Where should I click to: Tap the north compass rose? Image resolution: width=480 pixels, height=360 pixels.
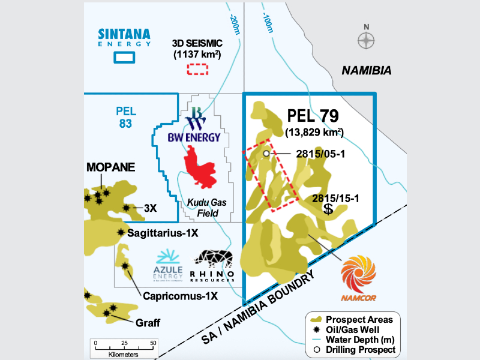point(366,41)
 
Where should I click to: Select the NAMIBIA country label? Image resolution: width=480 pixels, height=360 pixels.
point(366,71)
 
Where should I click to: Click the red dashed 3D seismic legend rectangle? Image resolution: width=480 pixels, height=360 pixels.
point(196,68)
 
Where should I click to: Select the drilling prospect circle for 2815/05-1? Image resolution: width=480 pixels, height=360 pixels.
point(266,154)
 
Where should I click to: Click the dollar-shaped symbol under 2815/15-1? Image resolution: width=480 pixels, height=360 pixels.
point(328,209)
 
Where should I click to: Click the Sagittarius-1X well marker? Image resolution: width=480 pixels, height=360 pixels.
point(121,232)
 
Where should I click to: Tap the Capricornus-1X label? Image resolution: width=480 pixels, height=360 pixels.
point(179,296)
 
